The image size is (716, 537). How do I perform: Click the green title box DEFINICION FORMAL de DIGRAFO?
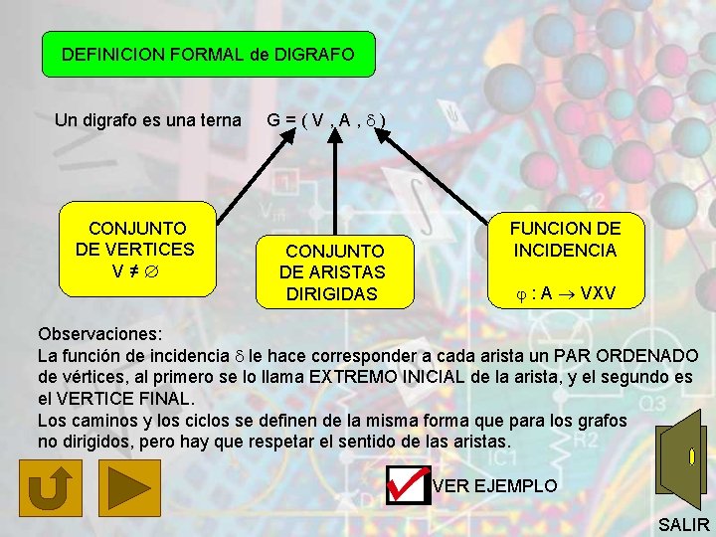tap(208, 54)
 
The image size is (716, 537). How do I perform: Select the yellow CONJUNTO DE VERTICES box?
tap(137, 250)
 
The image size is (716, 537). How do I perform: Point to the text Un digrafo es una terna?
tap(148, 120)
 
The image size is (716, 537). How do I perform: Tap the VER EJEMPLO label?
tap(495, 485)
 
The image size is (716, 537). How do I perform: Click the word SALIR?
tap(684, 524)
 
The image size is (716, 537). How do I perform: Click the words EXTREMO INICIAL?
tap(390, 377)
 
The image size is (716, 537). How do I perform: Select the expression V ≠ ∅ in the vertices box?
tap(135, 269)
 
